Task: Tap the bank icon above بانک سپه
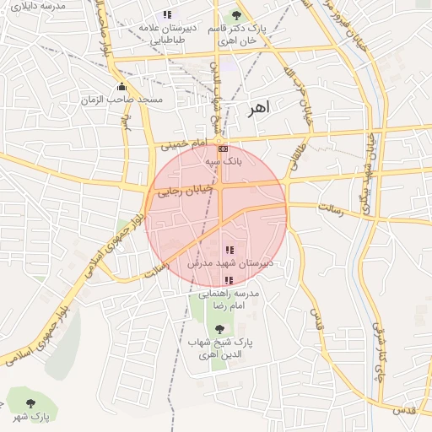pyautogui.click(x=223, y=148)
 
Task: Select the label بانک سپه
pyautogui.click(x=223, y=159)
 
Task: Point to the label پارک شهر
pyautogui.click(x=31, y=417)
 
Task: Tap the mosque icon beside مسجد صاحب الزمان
pyautogui.click(x=122, y=87)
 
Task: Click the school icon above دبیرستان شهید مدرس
pyautogui.click(x=229, y=251)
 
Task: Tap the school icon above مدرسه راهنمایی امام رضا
pyautogui.click(x=229, y=280)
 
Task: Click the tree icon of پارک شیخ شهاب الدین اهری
pyautogui.click(x=220, y=330)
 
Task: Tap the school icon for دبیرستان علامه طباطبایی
pyautogui.click(x=167, y=14)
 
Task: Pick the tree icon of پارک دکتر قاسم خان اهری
pyautogui.click(x=235, y=15)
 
